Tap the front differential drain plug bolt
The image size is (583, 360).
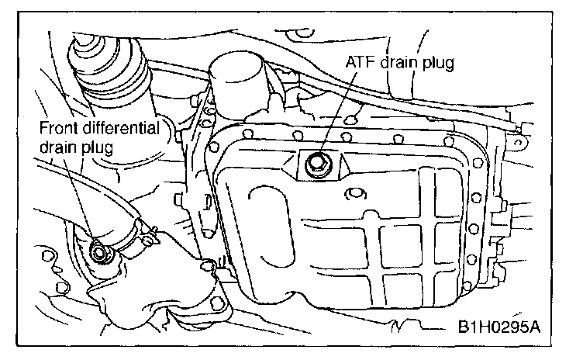click(98, 250)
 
